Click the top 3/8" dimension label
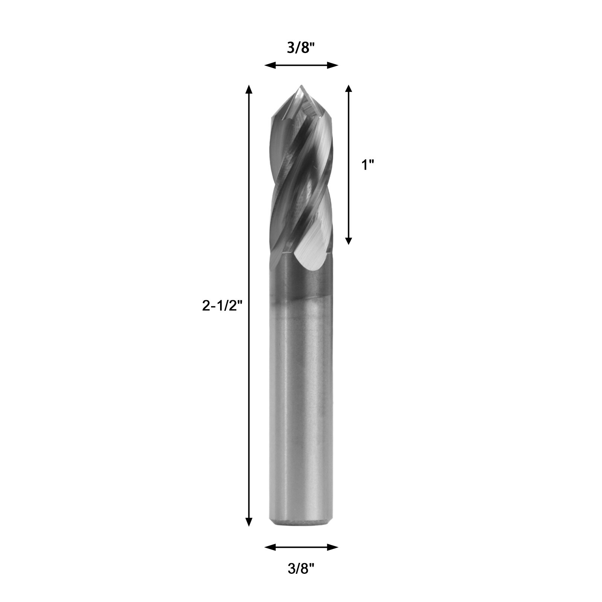301,48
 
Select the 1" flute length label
368,165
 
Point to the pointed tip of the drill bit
301,87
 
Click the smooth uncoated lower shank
301,414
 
